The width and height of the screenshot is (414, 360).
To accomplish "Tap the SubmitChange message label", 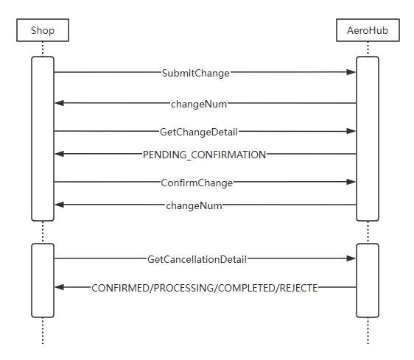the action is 196,73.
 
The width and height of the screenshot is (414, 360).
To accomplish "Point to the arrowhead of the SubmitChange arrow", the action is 351,72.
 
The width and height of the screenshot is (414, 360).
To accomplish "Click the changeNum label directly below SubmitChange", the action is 199,104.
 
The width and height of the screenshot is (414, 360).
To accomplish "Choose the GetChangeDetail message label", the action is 199,132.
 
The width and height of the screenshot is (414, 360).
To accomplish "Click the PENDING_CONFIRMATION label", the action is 204,155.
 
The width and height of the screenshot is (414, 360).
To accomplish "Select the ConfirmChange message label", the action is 197,183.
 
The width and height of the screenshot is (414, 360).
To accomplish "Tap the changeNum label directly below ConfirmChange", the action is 194,205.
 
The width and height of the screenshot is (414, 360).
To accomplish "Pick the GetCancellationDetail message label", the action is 197,259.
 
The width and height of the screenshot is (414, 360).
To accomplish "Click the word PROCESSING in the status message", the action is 184,288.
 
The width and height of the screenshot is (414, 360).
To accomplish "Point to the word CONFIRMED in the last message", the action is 120,288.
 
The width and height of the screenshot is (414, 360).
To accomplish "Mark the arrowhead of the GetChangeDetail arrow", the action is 351,131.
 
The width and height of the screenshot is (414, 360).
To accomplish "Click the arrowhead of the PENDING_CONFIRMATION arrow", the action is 59,154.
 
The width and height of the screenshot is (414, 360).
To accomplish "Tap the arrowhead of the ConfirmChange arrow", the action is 351,182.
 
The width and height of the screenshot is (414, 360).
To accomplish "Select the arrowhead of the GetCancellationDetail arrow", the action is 351,258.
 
